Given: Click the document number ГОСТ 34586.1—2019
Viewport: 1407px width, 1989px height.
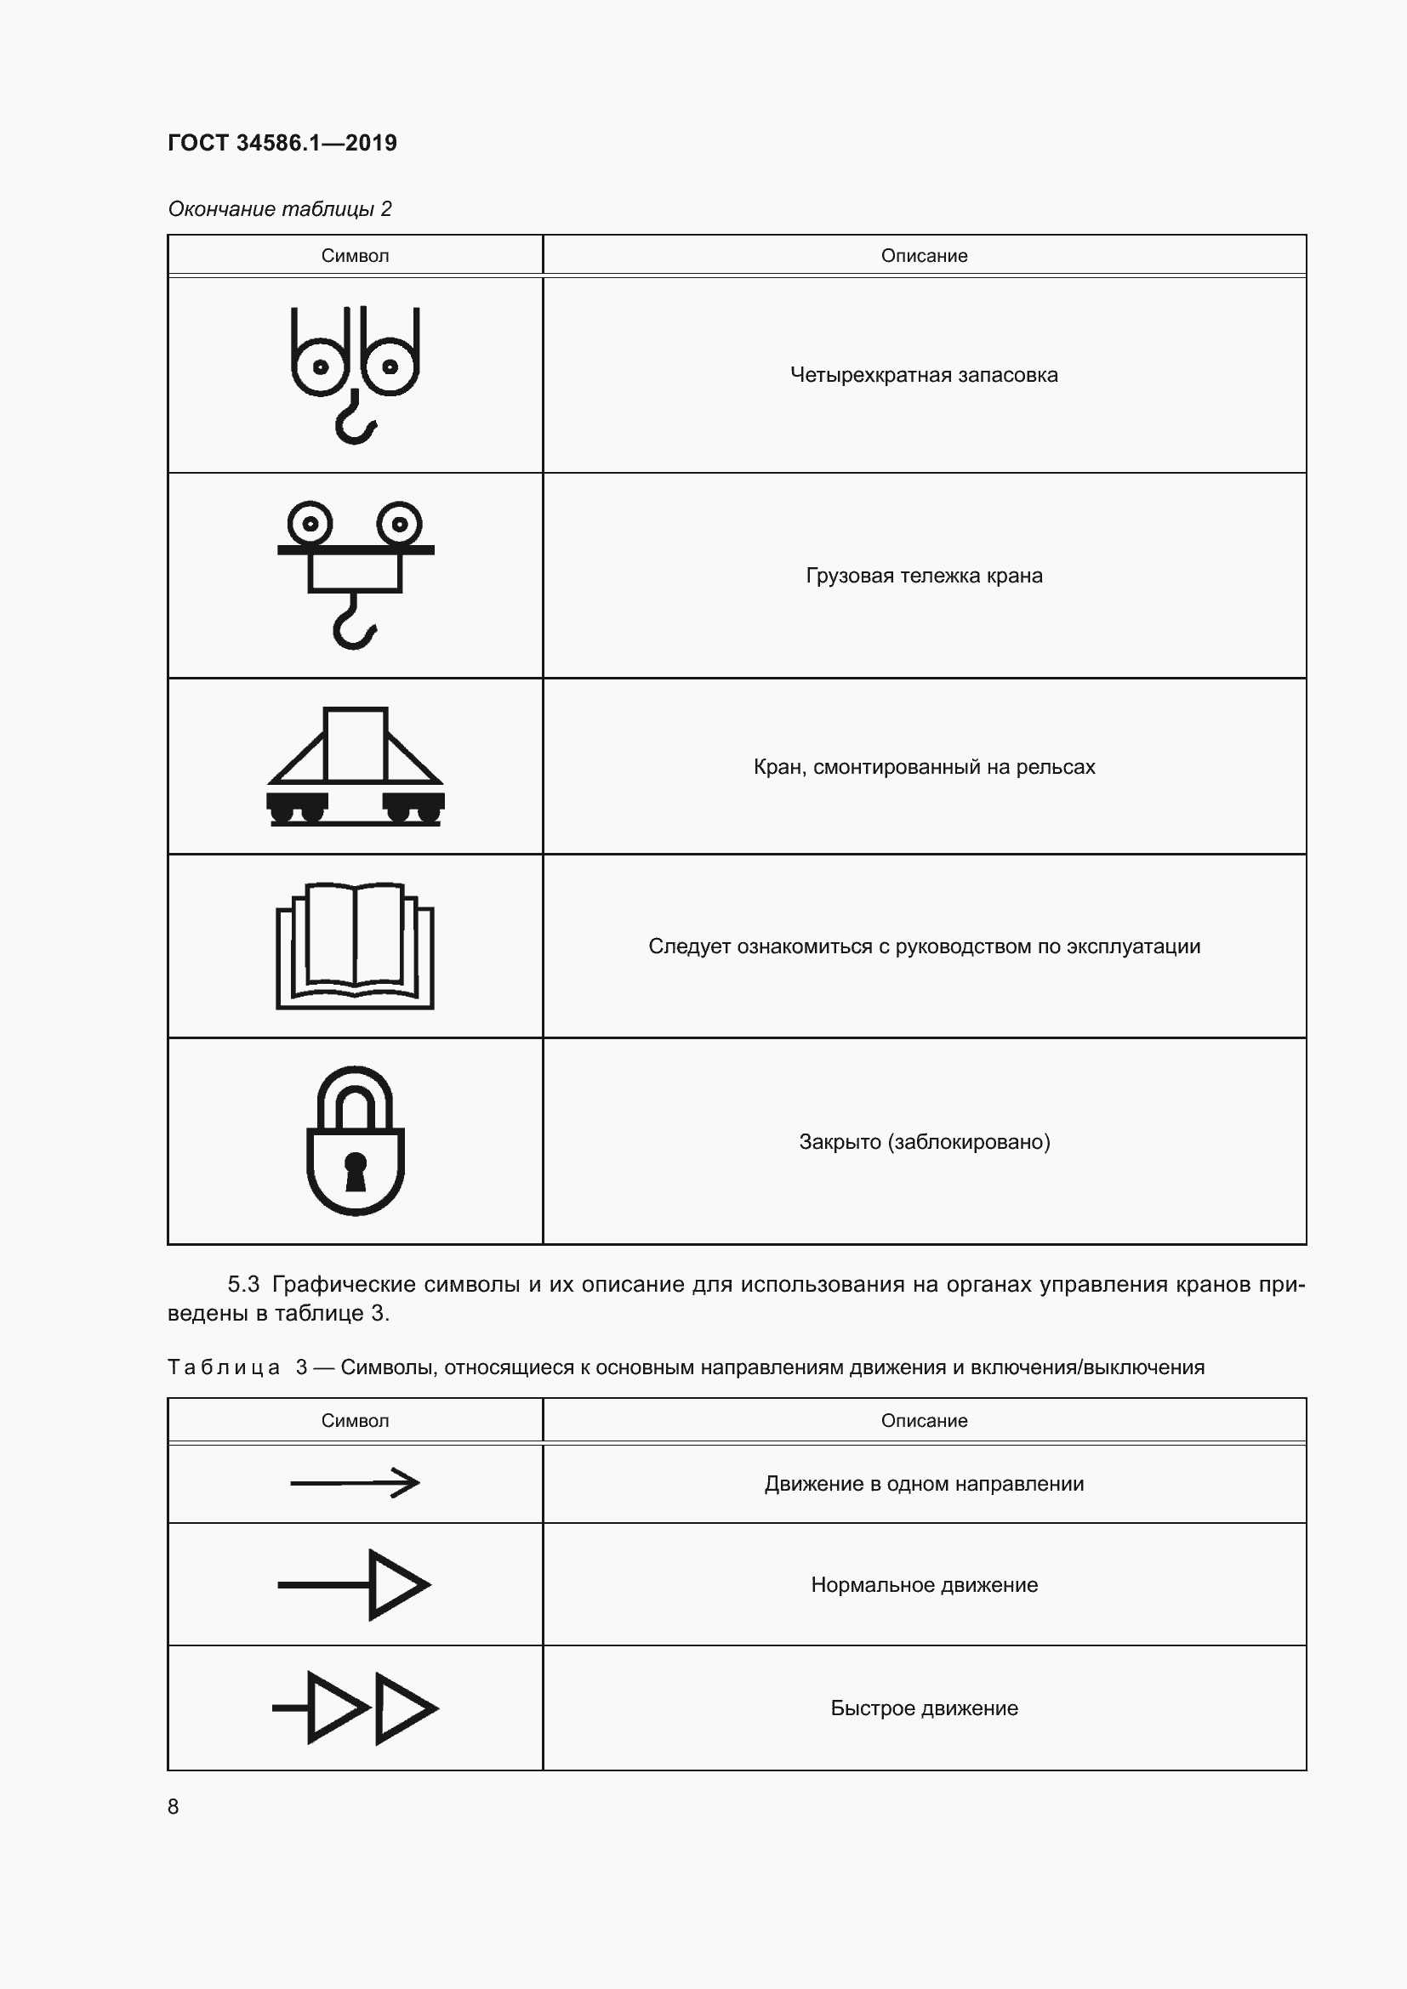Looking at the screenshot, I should coord(282,143).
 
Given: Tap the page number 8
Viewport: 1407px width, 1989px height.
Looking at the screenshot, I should coord(174,1806).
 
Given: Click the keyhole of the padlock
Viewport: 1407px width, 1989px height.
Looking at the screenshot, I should coord(356,1172).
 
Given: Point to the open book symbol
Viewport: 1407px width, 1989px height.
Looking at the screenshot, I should coord(356,945).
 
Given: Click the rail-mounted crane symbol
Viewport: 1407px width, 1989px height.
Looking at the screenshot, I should coord(356,767).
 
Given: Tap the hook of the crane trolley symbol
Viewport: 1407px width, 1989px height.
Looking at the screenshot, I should coord(355,622).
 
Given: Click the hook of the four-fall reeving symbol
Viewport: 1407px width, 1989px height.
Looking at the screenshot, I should coord(356,421).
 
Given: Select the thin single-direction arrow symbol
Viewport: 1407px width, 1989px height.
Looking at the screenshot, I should coord(356,1483).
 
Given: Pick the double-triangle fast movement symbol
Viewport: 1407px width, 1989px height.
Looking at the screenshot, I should coord(356,1708).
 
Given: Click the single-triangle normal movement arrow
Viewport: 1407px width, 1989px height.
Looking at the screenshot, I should coord(356,1584).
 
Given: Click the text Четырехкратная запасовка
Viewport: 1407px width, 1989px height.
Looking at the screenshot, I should coord(924,375).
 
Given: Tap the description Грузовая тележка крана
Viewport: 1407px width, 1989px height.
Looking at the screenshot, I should coord(924,576).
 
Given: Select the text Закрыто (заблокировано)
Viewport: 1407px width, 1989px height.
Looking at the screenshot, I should coord(924,1142).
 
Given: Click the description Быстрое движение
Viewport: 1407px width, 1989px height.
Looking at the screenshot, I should coord(924,1708).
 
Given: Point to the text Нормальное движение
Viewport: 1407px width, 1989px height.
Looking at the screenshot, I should coord(924,1585).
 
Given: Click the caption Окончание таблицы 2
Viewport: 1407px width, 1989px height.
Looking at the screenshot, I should coord(280,209).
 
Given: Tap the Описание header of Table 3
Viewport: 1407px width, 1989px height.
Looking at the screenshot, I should coord(924,1421).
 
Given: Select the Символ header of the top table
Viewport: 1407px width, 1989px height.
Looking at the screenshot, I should coord(356,256).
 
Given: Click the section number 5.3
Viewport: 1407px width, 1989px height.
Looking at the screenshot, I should coord(243,1284).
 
